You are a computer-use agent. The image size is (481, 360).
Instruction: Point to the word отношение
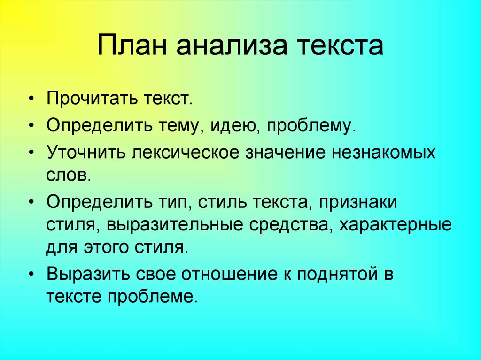pos(222,274)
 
